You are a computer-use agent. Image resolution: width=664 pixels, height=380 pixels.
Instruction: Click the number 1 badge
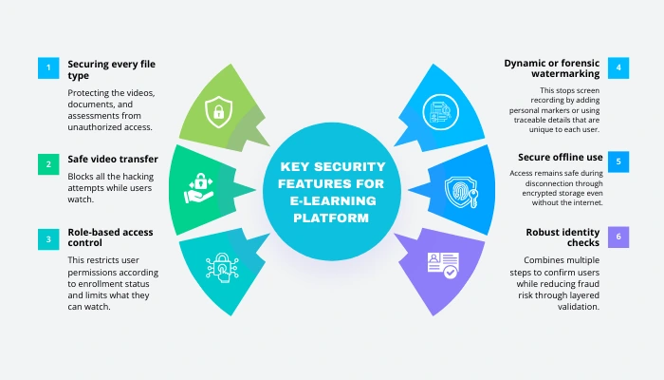pos(48,67)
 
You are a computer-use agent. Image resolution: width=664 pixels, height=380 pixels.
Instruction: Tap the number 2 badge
pos(48,164)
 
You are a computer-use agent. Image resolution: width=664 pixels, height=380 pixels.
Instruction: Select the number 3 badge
pos(48,237)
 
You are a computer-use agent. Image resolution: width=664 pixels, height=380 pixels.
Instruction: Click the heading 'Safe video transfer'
pos(112,159)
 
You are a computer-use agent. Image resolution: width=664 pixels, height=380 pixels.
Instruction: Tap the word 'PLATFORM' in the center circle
pos(332,217)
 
